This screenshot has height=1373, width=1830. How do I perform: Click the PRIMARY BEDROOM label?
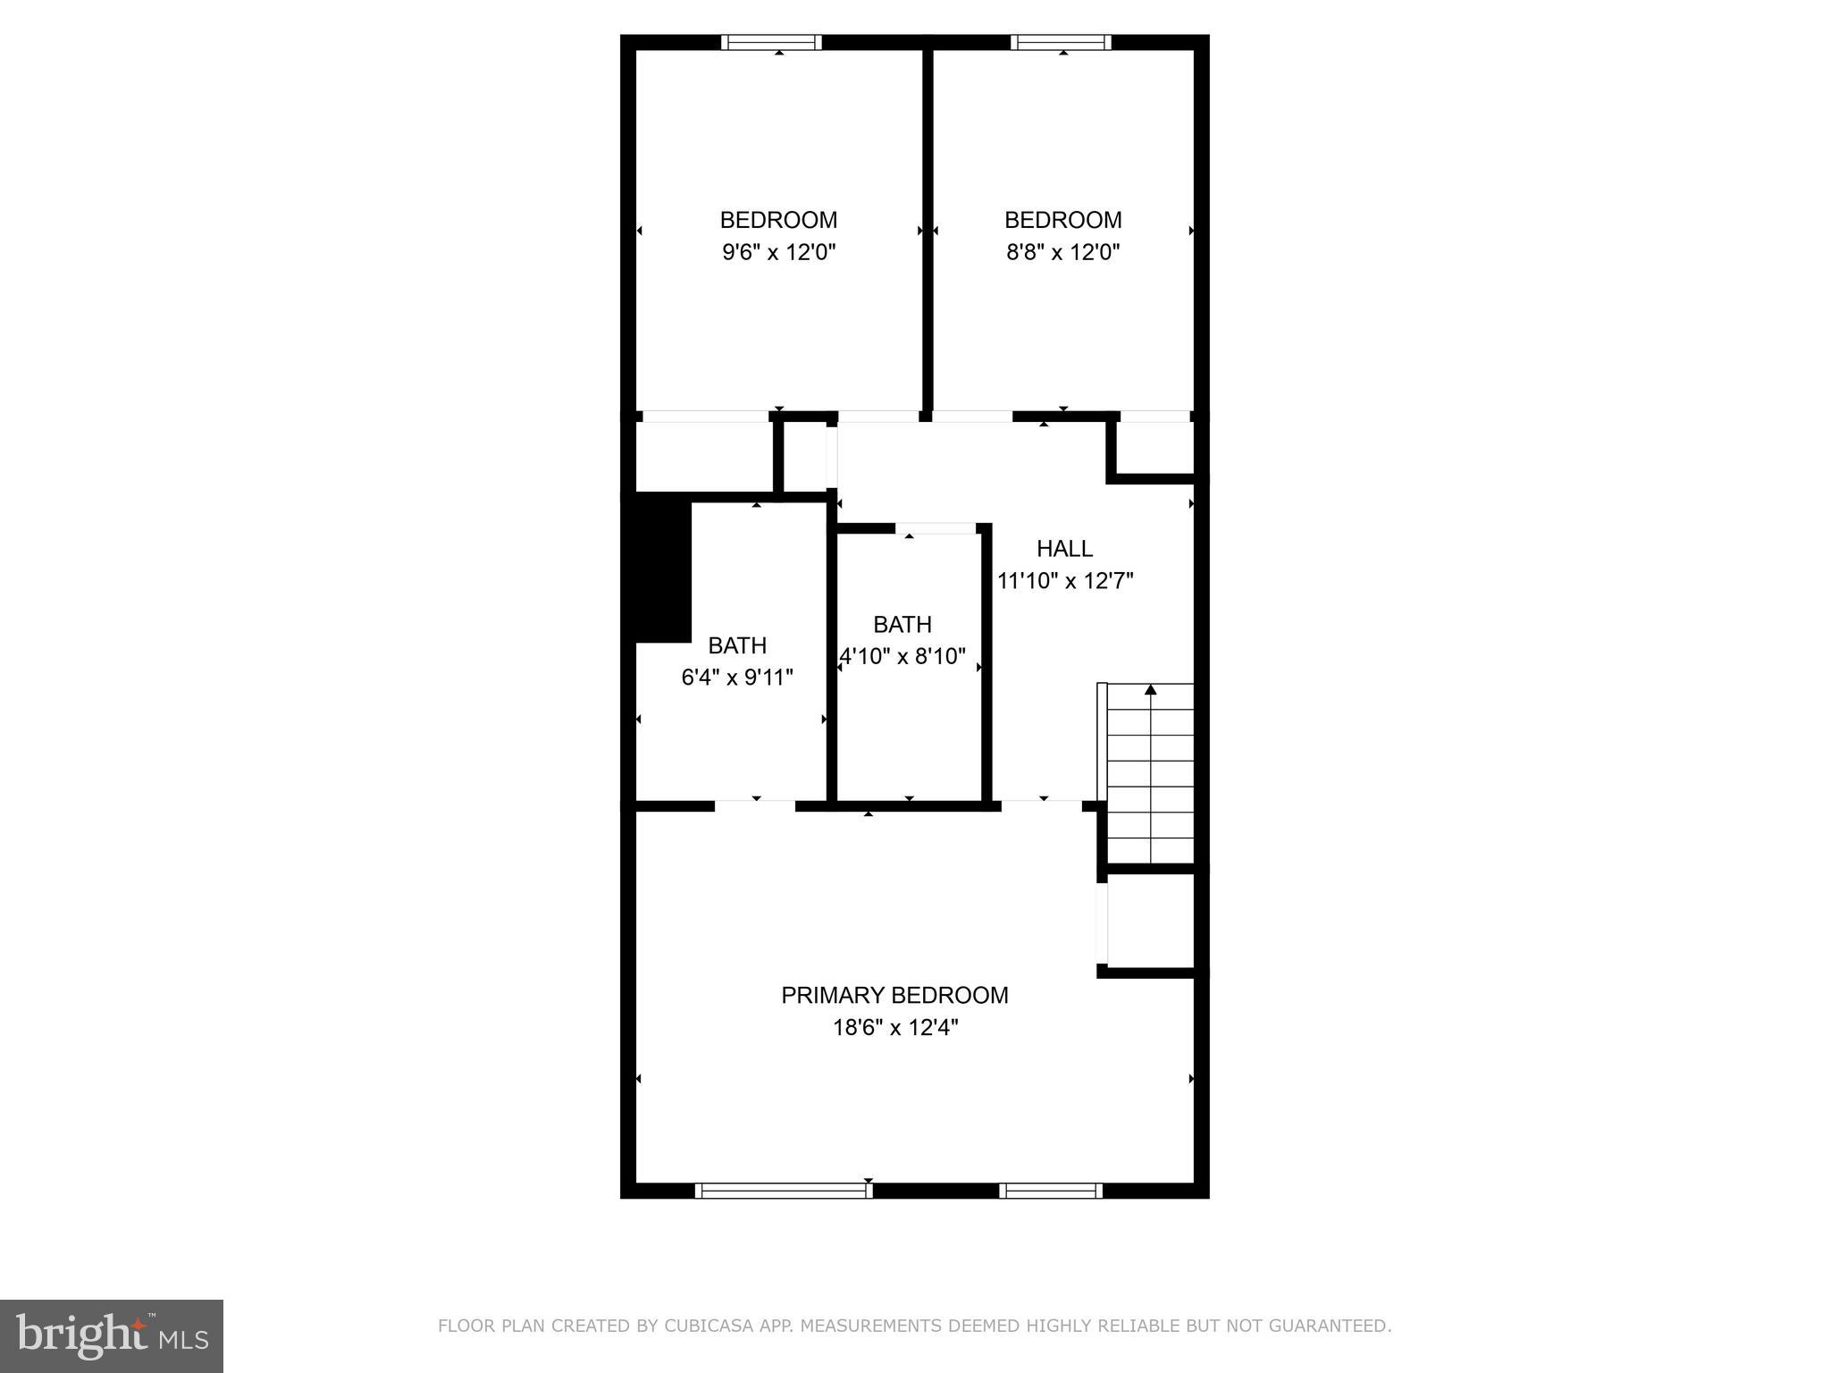(894, 995)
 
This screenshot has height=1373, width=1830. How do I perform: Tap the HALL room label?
(1064, 548)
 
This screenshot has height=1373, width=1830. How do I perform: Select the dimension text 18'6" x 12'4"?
(895, 1028)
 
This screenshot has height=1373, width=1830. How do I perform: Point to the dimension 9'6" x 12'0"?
(779, 252)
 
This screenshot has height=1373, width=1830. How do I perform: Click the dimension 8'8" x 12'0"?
(1063, 252)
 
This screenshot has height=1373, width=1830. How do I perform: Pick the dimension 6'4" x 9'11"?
(737, 678)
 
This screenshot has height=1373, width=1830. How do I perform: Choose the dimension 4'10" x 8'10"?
(902, 657)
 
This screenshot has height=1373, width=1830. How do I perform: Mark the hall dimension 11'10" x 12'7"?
(1065, 581)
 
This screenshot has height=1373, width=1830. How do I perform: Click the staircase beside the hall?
(1150, 774)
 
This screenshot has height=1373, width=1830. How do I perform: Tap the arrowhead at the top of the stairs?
(1151, 689)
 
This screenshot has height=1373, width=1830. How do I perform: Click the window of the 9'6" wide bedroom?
(771, 42)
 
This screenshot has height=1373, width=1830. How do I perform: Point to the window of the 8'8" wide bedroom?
(1062, 42)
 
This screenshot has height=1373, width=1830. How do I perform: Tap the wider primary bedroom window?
(784, 1190)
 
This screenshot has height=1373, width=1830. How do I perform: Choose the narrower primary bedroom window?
(1051, 1190)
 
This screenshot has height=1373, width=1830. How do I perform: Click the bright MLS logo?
(112, 1335)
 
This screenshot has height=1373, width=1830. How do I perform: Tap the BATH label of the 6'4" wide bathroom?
(737, 645)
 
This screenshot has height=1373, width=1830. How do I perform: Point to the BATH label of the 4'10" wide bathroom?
(902, 624)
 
